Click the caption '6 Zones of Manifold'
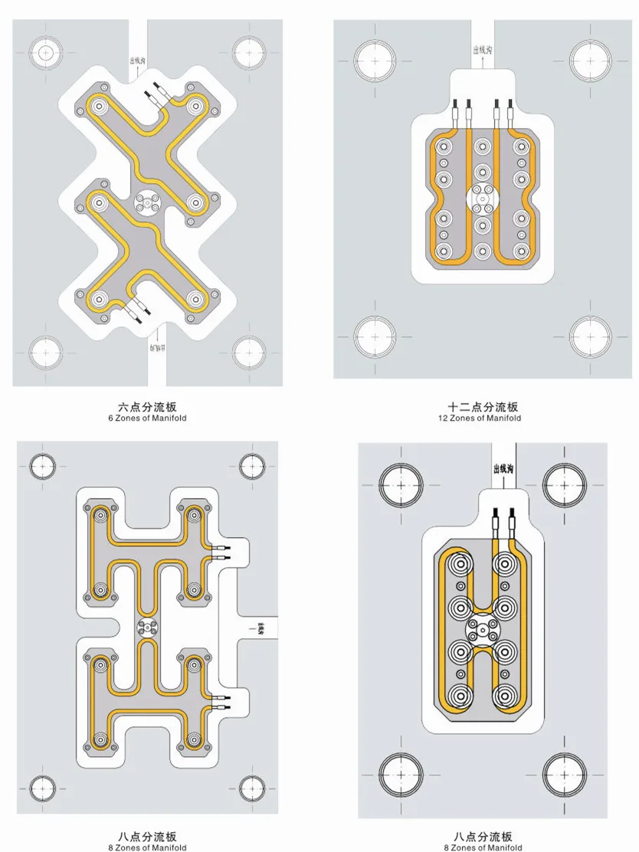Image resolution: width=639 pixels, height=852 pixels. [147, 418]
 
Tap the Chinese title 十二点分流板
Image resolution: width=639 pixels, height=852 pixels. [483, 407]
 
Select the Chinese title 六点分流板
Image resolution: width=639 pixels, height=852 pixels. [147, 407]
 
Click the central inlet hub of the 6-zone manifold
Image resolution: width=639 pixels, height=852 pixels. [146, 202]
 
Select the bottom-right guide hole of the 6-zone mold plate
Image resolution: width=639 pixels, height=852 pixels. [249, 352]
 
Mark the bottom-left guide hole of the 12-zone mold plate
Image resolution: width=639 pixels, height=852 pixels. [375, 336]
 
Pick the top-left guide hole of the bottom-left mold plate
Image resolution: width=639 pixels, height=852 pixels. [43, 465]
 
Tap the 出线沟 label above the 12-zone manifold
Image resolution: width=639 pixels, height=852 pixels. [483, 51]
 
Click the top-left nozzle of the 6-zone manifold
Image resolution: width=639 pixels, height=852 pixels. [97, 106]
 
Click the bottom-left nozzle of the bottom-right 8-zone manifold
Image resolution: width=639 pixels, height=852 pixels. [460, 697]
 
